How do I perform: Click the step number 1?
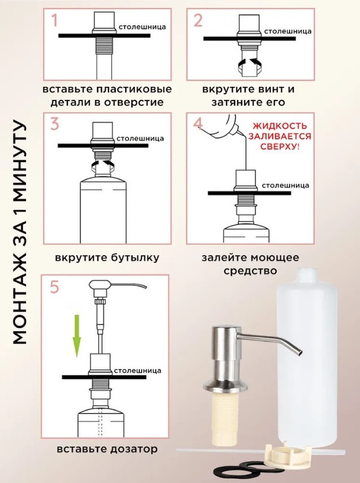55,21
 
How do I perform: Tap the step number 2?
198,20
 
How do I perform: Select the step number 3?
55,124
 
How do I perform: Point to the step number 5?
54,287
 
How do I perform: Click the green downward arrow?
77,336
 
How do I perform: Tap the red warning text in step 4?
280,136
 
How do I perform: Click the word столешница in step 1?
142,27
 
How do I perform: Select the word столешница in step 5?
137,371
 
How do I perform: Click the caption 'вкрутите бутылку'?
107,257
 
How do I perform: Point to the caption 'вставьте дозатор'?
107,449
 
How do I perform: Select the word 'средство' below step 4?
251,271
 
